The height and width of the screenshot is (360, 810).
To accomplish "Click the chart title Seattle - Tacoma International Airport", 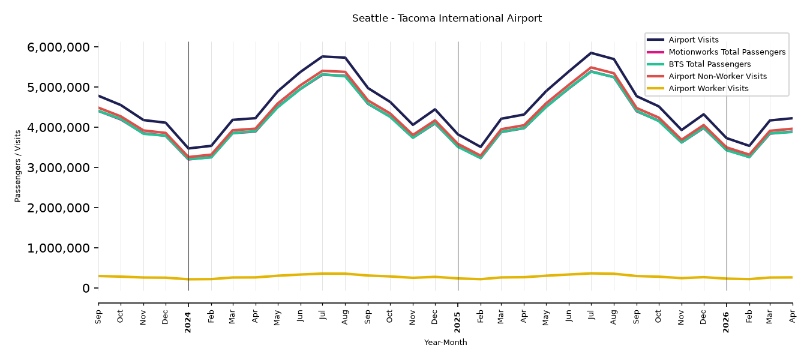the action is (446, 19).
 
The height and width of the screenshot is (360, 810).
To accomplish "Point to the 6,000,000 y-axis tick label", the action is (58, 47).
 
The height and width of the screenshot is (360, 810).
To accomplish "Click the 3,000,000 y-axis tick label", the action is (58, 168).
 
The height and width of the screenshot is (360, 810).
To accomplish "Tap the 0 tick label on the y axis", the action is (86, 289).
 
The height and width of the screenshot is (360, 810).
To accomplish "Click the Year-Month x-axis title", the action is (445, 342).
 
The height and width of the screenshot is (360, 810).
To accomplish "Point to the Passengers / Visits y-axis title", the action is (18, 166).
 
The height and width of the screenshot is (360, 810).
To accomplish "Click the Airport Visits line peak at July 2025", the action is (591, 53).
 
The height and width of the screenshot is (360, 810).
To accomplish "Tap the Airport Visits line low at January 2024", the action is (188, 148).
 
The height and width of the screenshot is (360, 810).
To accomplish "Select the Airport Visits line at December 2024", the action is (435, 109).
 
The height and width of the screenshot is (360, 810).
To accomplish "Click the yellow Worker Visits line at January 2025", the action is (458, 278).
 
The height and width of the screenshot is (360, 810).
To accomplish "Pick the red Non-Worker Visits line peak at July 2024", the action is (323, 71).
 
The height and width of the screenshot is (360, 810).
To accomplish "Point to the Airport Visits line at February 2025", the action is (481, 147).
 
